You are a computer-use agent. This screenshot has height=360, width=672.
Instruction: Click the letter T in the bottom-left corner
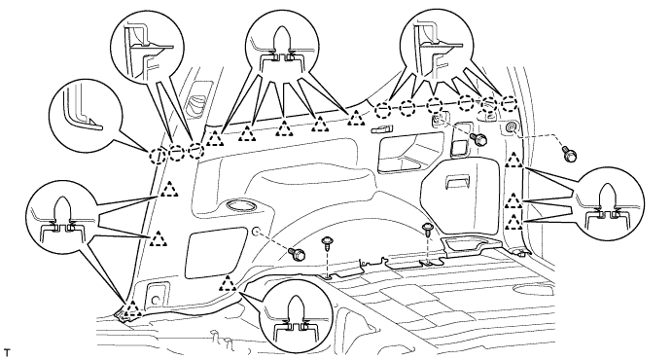click(x=6, y=353)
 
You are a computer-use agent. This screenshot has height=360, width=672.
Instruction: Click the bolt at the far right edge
click(x=570, y=154)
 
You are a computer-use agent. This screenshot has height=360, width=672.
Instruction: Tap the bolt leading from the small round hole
click(x=297, y=254)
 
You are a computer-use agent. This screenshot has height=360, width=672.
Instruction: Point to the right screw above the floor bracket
click(x=427, y=230)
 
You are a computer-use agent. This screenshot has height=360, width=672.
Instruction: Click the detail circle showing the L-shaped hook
click(x=87, y=115)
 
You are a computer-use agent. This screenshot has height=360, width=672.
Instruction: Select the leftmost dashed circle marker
click(x=158, y=156)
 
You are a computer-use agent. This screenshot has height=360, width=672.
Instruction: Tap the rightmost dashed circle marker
click(x=510, y=104)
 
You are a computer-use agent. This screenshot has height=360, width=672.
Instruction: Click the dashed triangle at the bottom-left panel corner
click(x=133, y=309)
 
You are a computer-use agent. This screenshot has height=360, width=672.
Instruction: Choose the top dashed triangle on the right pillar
click(x=513, y=160)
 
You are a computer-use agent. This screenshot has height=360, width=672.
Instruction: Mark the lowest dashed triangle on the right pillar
click(x=513, y=222)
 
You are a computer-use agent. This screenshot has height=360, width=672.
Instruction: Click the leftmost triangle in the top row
click(x=215, y=138)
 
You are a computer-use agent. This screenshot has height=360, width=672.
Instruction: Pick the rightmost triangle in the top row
click(x=356, y=118)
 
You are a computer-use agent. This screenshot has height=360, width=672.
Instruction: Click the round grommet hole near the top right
click(x=512, y=126)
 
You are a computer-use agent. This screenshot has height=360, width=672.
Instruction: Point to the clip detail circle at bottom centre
click(x=297, y=316)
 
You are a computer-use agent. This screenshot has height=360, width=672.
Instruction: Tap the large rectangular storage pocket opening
click(x=409, y=152)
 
